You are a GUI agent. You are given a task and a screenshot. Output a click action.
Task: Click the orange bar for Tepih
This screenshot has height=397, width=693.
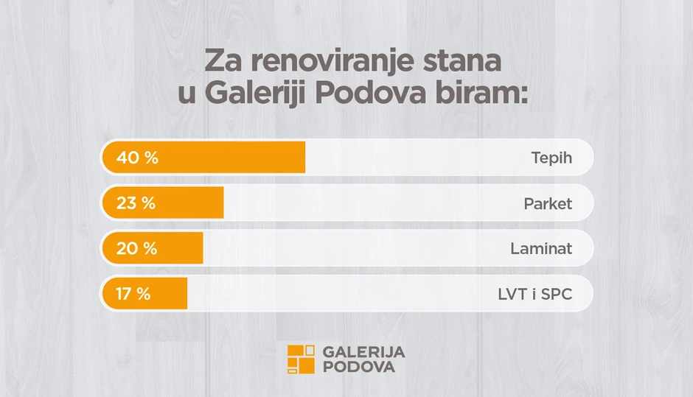coord(203,157)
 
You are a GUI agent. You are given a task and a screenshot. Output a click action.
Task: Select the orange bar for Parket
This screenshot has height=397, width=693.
coord(163,203)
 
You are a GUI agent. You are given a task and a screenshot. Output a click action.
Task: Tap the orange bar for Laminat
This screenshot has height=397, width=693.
coord(153,248)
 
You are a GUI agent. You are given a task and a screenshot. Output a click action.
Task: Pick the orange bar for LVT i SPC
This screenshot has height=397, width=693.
coord(144,294)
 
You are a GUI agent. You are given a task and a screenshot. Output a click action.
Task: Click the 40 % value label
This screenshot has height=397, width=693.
coord(137,158)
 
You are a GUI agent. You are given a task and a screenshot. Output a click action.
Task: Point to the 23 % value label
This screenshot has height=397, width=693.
coord(136,203)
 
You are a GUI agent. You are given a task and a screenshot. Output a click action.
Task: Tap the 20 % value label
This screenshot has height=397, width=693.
coord(136,249)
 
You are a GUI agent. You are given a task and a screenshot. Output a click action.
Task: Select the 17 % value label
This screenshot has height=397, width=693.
coord(133,294)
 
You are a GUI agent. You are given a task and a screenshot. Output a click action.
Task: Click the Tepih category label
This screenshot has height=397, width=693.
coord(551,158)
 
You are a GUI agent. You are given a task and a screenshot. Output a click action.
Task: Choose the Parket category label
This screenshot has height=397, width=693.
coord(548,203)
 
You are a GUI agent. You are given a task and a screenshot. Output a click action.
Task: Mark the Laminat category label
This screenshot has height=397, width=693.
coord(541,249)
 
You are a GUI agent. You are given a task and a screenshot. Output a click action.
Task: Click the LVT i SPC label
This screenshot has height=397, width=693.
coord(535,294)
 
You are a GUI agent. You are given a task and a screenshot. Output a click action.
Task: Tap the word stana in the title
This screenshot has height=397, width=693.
coord(462,61)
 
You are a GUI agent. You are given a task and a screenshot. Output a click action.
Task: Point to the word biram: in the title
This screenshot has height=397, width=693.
coord(481,92)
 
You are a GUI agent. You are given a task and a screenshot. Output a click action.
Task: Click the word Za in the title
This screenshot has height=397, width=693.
coord(223,61)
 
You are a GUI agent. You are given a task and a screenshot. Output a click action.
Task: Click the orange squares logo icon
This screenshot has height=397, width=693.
coord(301,359)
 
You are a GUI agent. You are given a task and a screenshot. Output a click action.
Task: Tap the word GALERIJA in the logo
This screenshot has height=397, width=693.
coord(363,352)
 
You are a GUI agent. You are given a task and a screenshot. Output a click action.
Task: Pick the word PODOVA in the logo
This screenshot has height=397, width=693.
coord(359,367)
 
